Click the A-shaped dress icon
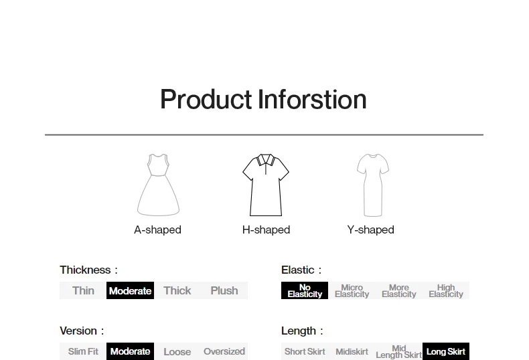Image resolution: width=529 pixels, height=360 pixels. (x=158, y=185)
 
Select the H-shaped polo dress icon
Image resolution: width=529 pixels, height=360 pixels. (x=266, y=185)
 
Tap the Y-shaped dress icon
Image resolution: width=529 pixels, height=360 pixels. (x=373, y=185)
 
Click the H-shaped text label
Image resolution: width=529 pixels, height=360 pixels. (x=267, y=230)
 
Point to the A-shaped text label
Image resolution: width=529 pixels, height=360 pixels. (x=157, y=230)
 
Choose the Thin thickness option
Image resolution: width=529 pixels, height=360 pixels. (x=83, y=290)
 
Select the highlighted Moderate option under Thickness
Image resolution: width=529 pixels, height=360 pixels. (x=130, y=290)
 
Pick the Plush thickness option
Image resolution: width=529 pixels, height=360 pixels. (x=224, y=290)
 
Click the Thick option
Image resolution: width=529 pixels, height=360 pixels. (x=177, y=290)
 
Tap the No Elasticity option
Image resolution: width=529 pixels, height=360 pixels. (x=305, y=290)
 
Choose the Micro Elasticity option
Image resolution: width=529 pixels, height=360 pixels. (x=352, y=290)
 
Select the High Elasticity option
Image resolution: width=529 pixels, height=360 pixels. (x=446, y=290)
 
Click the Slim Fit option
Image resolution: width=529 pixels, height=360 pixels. (x=83, y=351)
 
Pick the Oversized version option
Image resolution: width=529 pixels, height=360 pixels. (x=224, y=351)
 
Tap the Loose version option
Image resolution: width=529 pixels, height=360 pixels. (x=177, y=351)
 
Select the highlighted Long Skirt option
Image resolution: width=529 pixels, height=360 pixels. (x=446, y=351)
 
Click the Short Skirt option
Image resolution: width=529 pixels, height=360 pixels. (x=305, y=351)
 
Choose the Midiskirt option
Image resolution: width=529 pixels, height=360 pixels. (x=352, y=351)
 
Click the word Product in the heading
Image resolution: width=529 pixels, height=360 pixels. (x=206, y=100)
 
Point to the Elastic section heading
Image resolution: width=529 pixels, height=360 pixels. (x=301, y=270)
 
